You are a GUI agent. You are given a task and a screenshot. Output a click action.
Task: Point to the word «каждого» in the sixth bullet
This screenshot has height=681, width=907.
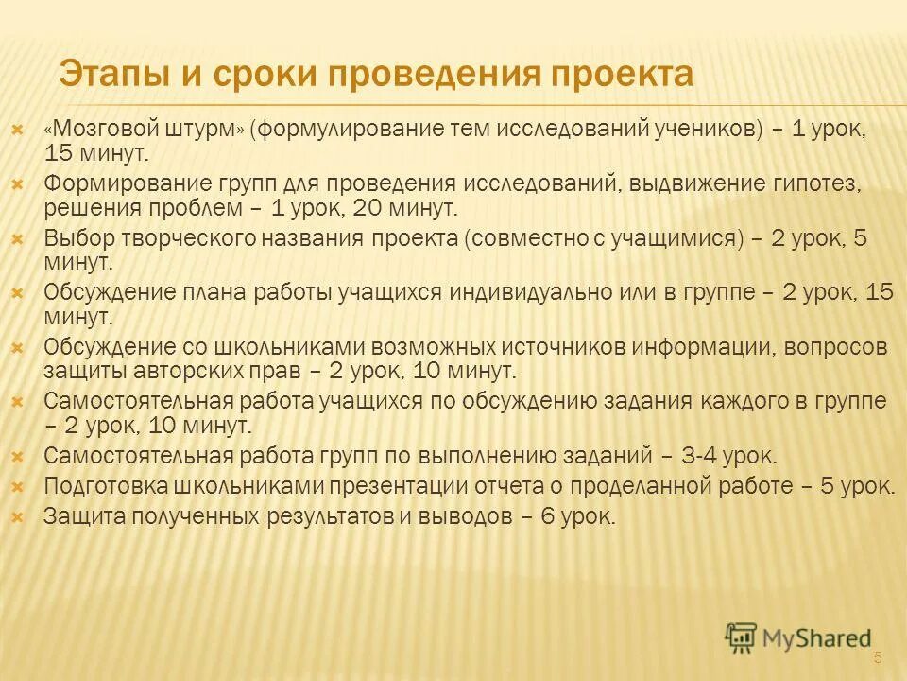click(x=746, y=401)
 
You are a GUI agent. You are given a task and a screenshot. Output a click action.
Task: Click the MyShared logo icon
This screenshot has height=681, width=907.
click(x=741, y=637)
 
